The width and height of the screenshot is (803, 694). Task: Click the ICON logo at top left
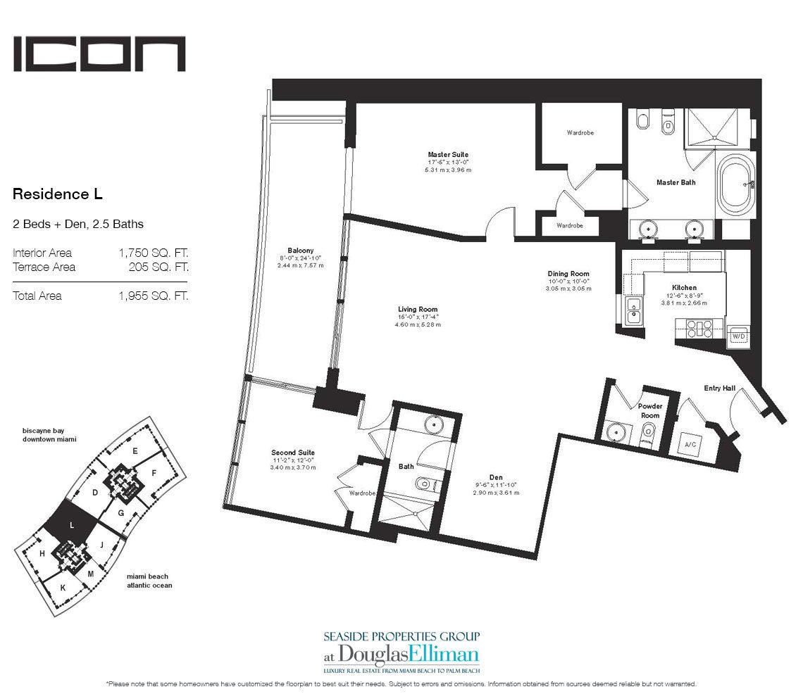coord(99,54)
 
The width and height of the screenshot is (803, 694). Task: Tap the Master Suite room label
coord(447,155)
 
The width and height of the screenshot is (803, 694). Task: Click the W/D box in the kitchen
coord(738,336)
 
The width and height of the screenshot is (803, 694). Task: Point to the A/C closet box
coord(690,446)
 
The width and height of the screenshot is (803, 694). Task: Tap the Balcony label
coord(300,251)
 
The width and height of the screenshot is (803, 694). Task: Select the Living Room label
coord(418,309)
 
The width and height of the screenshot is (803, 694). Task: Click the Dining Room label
coord(568,274)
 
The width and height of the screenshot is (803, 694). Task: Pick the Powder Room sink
coord(618,432)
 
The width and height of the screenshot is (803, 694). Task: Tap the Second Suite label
coord(293,453)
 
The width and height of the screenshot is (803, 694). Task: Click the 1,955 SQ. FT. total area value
coord(153,296)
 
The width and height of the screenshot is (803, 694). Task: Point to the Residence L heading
coord(58,192)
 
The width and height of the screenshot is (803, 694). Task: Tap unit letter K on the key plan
coord(63,587)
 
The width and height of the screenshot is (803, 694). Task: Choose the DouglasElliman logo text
coord(410,652)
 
